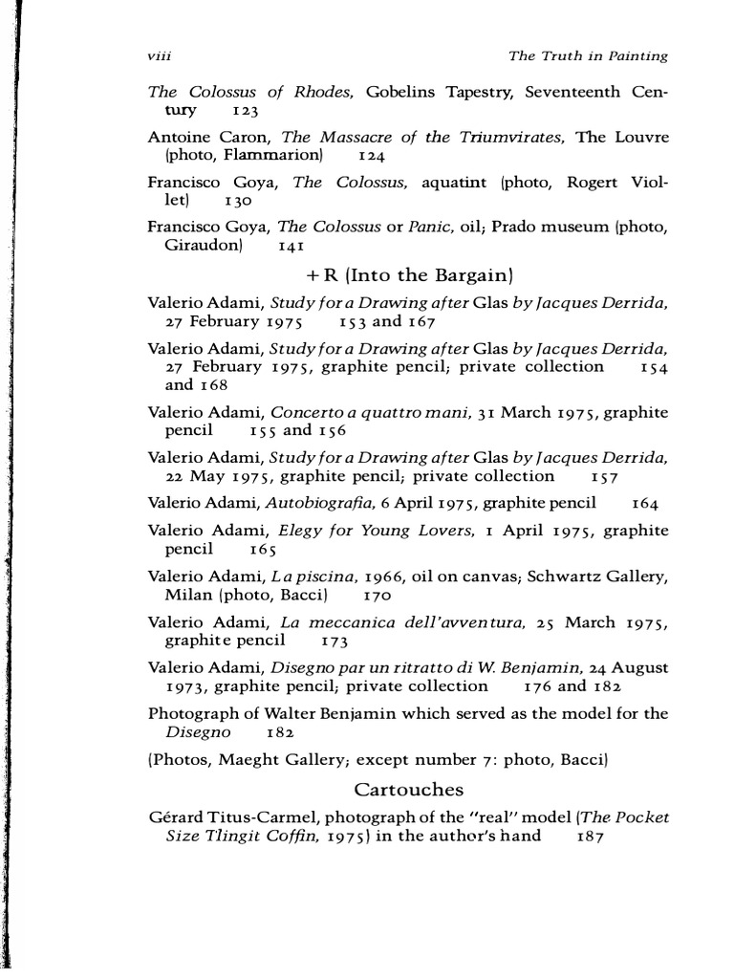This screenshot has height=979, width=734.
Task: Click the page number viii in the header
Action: (159, 56)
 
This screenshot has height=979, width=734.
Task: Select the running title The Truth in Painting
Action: (589, 56)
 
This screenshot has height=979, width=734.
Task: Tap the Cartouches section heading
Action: (408, 790)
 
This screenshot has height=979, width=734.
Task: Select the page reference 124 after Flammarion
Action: (371, 154)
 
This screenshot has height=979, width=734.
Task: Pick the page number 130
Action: (239, 203)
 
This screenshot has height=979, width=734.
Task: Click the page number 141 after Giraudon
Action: (291, 246)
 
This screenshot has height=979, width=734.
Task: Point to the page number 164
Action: (646, 502)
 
